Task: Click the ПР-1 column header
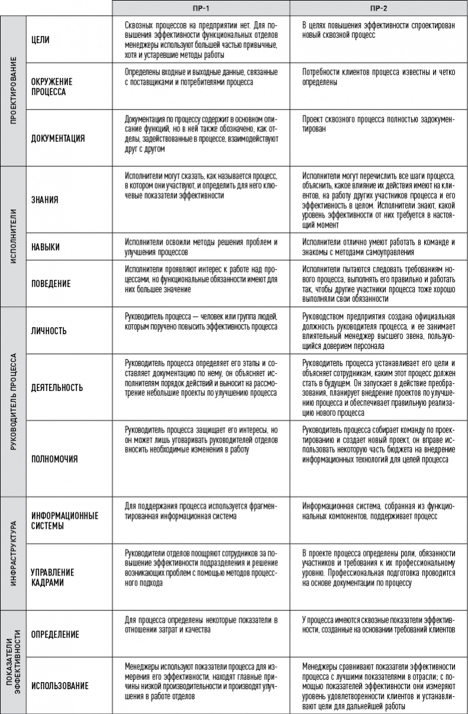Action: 201,8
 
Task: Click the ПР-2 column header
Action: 379,8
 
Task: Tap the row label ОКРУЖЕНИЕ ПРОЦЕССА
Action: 49,87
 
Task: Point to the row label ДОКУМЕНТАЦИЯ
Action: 57,138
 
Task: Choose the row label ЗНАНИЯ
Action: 44,199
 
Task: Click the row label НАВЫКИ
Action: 46,245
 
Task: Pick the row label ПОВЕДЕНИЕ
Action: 51,283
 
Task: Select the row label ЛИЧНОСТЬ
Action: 49,330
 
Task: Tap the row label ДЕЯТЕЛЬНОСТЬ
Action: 57,387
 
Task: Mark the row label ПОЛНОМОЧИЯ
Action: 54,458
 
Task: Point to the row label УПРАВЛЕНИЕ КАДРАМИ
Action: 53,577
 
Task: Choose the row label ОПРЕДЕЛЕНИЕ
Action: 55,634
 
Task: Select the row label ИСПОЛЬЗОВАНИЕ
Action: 60,686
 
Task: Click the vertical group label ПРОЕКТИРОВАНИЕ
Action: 13,91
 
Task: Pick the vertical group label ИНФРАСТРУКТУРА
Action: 13,549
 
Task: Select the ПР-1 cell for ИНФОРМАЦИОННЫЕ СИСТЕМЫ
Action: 201,512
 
